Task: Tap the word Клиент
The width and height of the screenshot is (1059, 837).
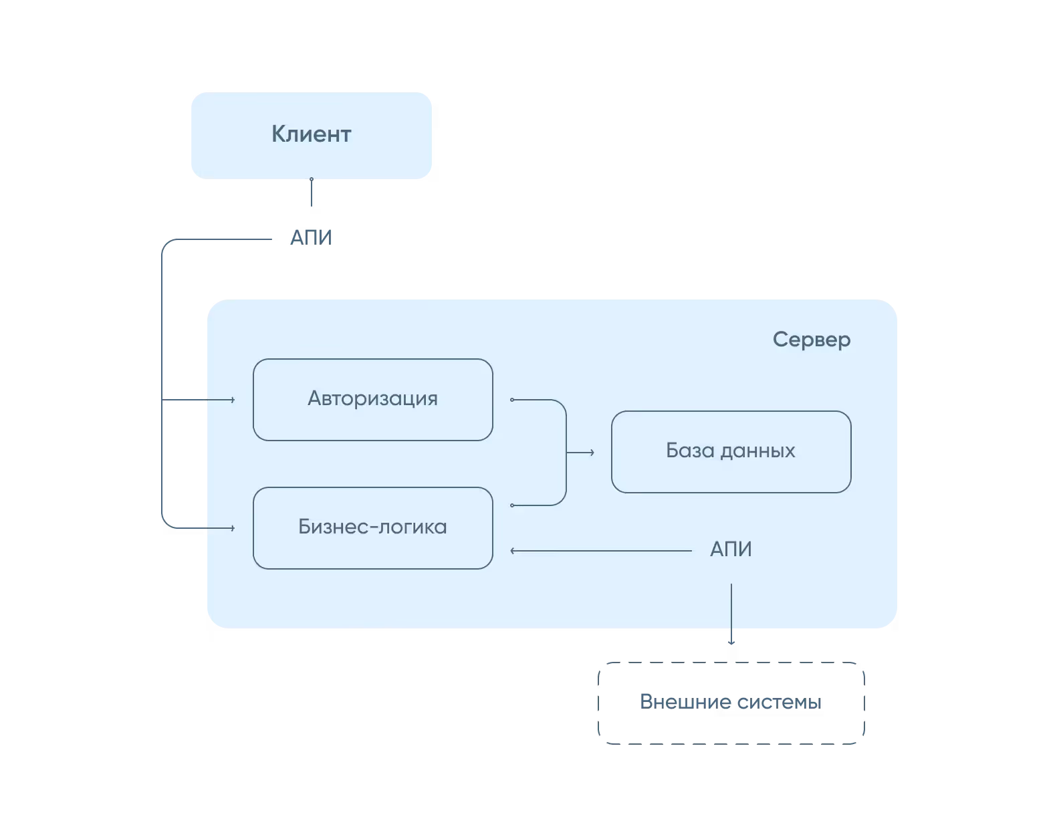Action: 311,134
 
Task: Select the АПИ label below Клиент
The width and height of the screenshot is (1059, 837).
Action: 310,237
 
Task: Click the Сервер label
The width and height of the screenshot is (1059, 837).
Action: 811,340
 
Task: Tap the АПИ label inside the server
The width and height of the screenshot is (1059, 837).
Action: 731,550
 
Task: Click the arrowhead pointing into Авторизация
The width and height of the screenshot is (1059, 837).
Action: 232,400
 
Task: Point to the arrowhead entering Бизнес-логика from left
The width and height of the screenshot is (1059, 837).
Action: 232,528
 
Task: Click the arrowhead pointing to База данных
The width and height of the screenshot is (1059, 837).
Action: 592,453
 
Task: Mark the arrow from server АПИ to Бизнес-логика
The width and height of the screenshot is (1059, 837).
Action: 602,551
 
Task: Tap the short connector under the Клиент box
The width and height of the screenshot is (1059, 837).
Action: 312,194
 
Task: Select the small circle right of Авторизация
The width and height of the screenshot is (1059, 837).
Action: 512,400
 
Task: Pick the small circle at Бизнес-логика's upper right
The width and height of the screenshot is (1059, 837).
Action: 512,505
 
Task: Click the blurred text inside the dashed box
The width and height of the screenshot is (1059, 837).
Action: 730,702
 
